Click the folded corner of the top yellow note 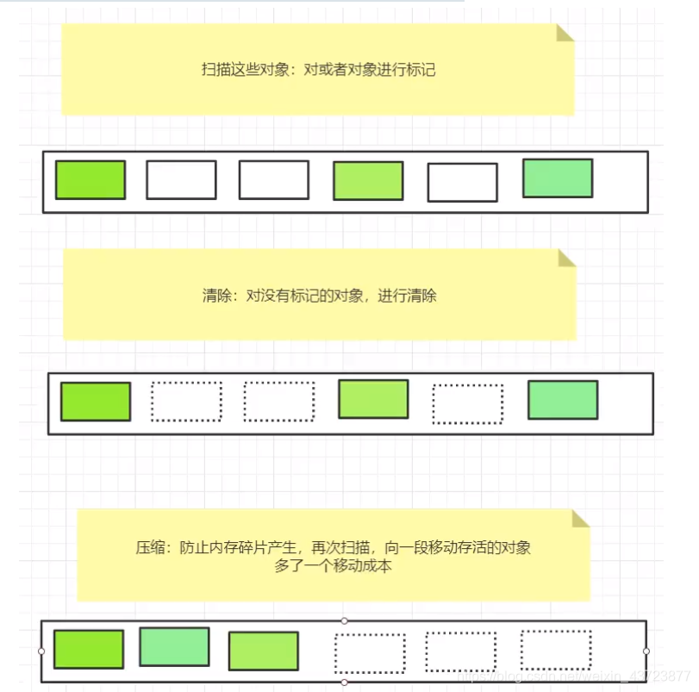(565, 33)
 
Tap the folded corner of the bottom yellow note (581, 517)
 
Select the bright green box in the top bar (90, 180)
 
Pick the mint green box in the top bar (558, 178)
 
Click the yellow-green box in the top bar (368, 181)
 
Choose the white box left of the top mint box (462, 183)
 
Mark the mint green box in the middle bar (563, 400)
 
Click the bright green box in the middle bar (96, 402)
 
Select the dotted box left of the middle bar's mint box (467, 404)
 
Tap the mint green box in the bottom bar (174, 646)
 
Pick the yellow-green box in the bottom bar (264, 651)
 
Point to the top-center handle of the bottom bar (345, 620)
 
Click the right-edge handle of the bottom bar (646, 651)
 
